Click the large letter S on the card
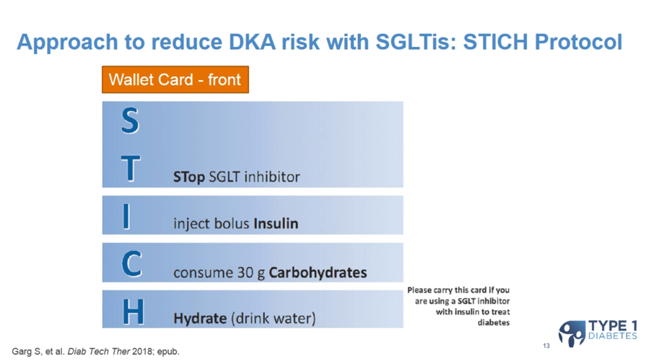tap(130, 120)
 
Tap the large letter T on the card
tap(131, 168)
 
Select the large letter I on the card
tap(126, 216)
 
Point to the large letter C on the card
tap(131, 263)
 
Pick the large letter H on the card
tap(134, 311)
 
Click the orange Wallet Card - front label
tap(175, 79)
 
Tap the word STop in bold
tap(188, 177)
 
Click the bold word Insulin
tap(276, 224)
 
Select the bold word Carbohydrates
tap(318, 272)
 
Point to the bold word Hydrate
tap(200, 318)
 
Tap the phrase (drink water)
tap(273, 318)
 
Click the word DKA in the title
tap(252, 42)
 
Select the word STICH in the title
tap(495, 42)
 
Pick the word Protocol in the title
tap(578, 42)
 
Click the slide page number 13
tap(546, 346)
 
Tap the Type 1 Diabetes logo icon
tap(572, 333)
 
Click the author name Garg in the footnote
tap(21, 351)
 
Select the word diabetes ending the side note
tap(493, 322)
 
